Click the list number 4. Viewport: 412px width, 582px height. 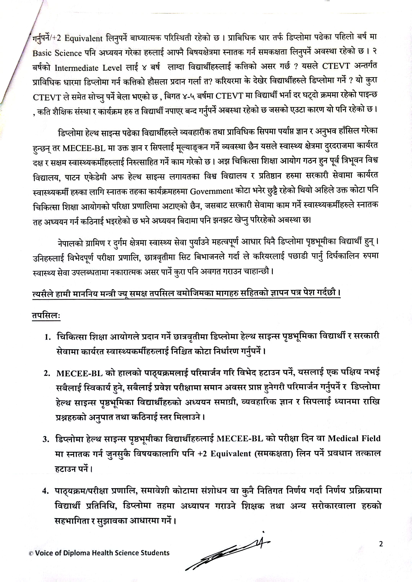(x=46, y=491)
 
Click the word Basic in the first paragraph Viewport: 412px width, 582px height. (x=42, y=53)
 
